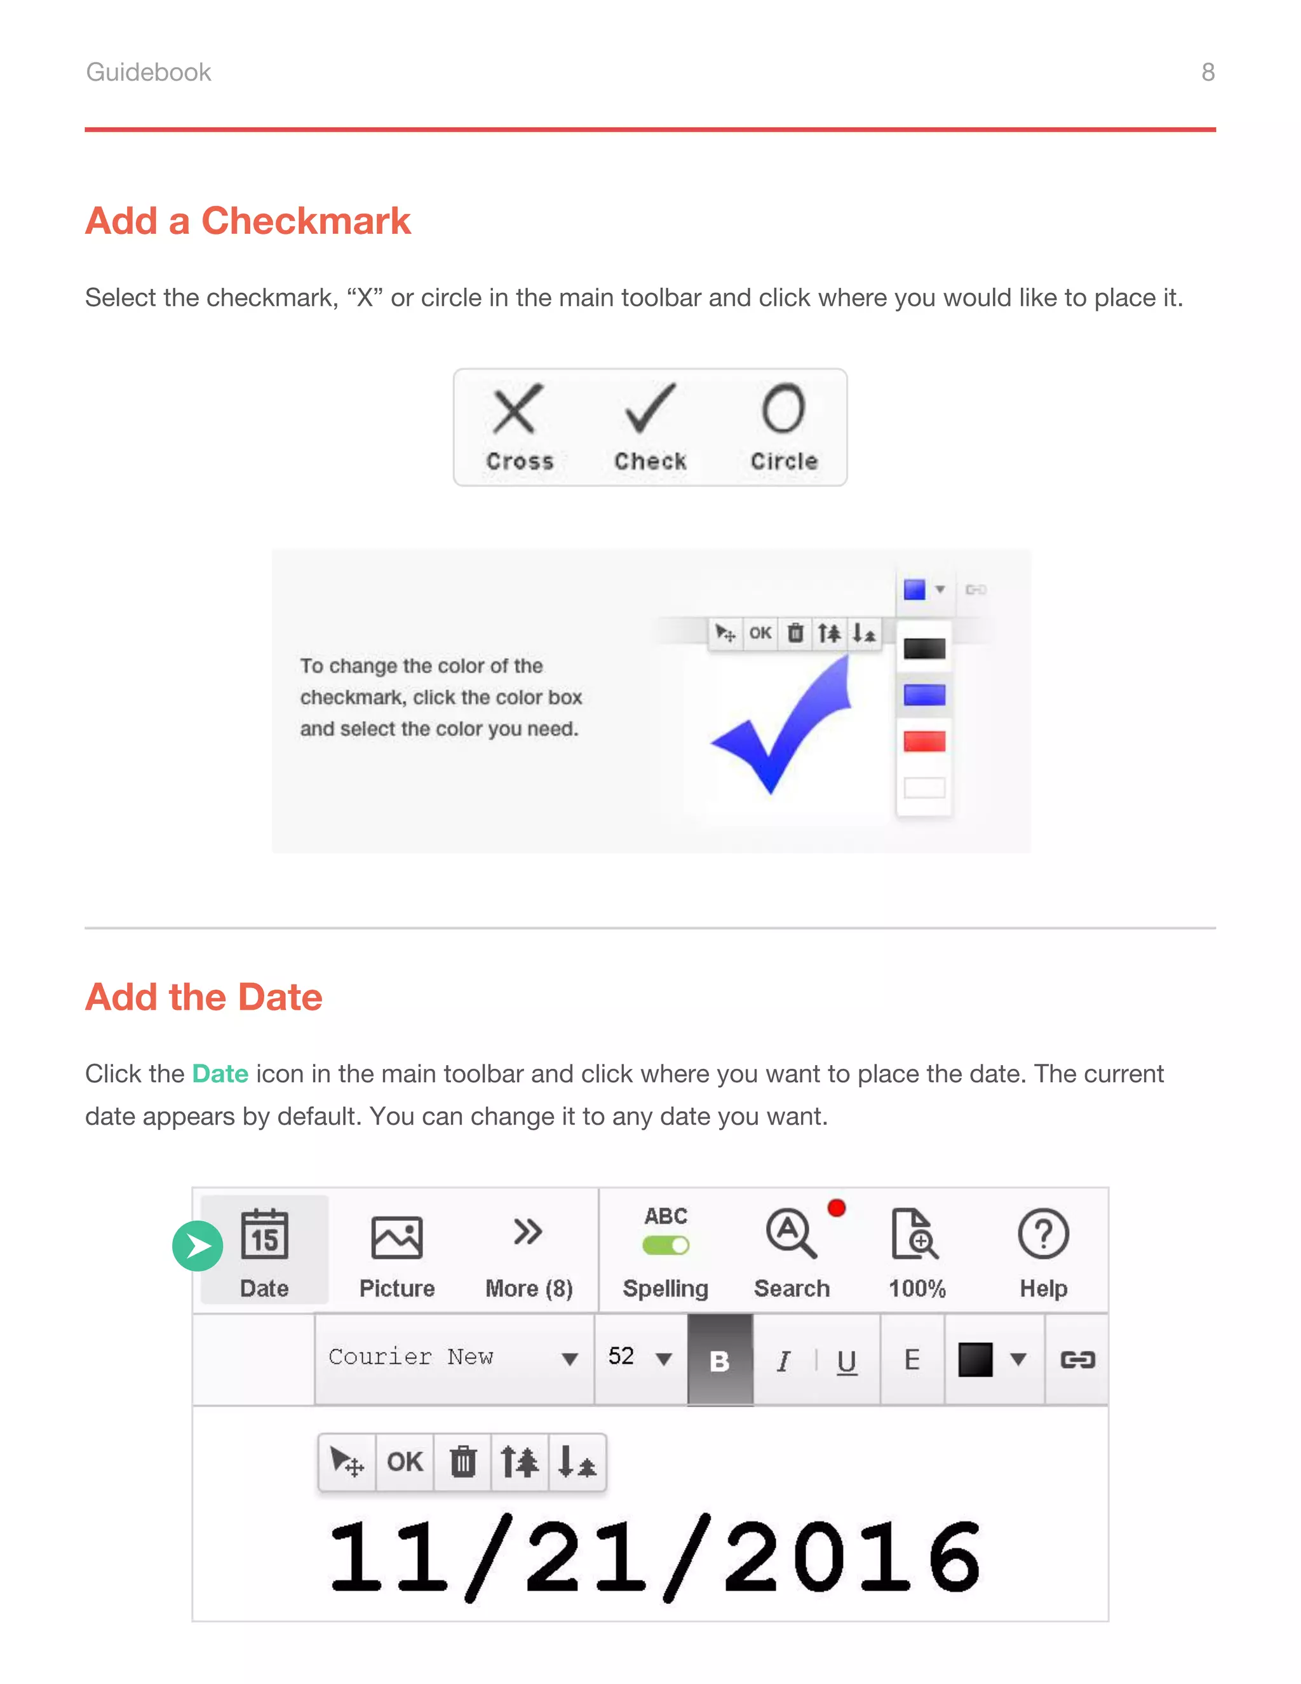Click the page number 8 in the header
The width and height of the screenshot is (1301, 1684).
(1207, 72)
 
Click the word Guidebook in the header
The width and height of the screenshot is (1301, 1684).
(148, 72)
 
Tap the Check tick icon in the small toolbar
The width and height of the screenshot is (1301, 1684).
(650, 408)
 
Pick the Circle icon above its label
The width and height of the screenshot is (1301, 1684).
(783, 408)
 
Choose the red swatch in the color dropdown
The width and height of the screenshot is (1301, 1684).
(924, 742)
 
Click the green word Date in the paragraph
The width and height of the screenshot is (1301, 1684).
(220, 1074)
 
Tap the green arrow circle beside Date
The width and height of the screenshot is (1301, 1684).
(198, 1246)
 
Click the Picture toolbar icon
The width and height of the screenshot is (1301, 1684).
(397, 1237)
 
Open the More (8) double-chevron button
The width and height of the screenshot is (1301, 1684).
(528, 1232)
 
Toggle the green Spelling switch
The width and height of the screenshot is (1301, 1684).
(666, 1246)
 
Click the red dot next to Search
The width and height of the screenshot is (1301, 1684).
(836, 1208)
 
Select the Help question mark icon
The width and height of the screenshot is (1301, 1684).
(1043, 1233)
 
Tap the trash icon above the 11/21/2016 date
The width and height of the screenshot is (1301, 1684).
(462, 1462)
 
